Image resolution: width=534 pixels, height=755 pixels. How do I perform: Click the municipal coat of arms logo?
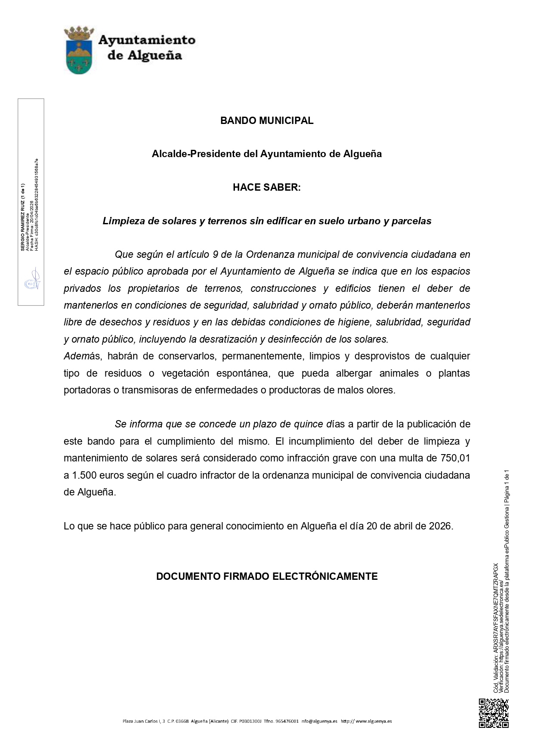[x=78, y=50]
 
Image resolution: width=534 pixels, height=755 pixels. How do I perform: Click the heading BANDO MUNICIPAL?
[x=267, y=121]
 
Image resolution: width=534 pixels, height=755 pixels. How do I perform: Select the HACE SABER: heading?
[x=267, y=187]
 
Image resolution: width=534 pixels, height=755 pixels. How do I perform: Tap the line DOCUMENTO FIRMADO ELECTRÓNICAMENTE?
[x=267, y=576]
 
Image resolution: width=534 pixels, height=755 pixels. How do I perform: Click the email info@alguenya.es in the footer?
[x=319, y=721]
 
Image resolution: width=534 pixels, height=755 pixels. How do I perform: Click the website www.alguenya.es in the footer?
[x=373, y=721]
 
